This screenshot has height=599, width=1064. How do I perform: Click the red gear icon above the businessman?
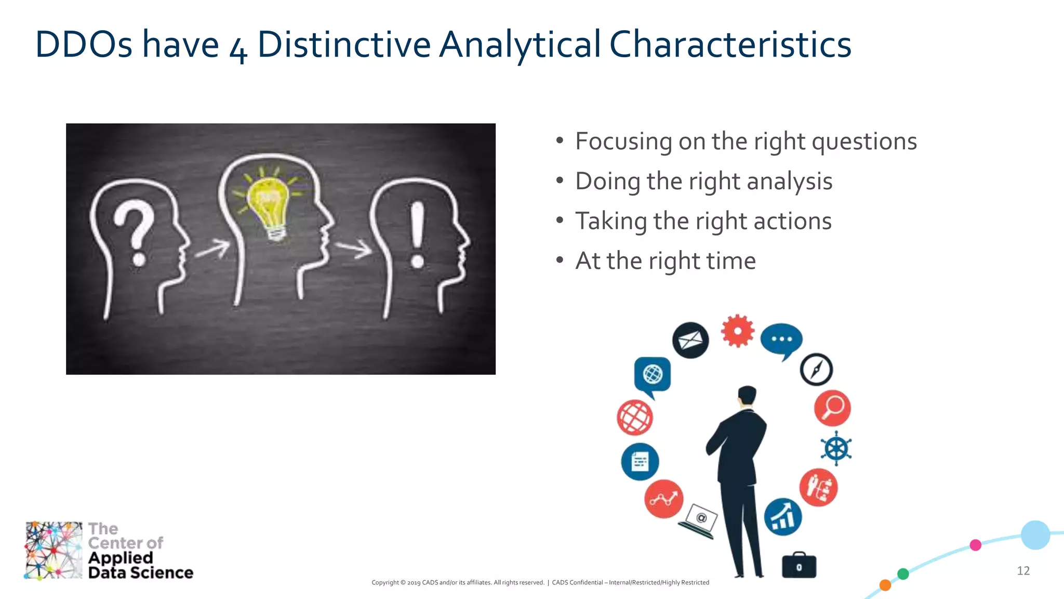[x=737, y=331]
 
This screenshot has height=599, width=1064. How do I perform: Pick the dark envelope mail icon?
[x=690, y=341]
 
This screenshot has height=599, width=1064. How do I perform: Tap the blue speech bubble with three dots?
[x=781, y=340]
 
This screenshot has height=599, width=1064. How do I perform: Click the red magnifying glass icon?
[x=832, y=408]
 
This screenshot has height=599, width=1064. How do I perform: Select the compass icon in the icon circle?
[x=816, y=370]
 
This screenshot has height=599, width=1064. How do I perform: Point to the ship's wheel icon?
[x=836, y=448]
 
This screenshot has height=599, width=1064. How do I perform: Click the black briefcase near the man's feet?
[x=799, y=566]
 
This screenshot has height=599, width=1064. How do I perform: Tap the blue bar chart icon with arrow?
[x=782, y=517]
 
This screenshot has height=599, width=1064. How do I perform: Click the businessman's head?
[x=747, y=395]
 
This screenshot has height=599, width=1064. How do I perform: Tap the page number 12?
[x=1023, y=571]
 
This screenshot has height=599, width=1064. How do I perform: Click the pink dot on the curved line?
[x=976, y=545]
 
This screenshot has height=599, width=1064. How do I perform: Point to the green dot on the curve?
[x=903, y=574]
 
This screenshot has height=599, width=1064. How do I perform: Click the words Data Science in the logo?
[x=140, y=572]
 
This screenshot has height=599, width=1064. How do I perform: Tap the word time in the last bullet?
[x=730, y=261]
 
